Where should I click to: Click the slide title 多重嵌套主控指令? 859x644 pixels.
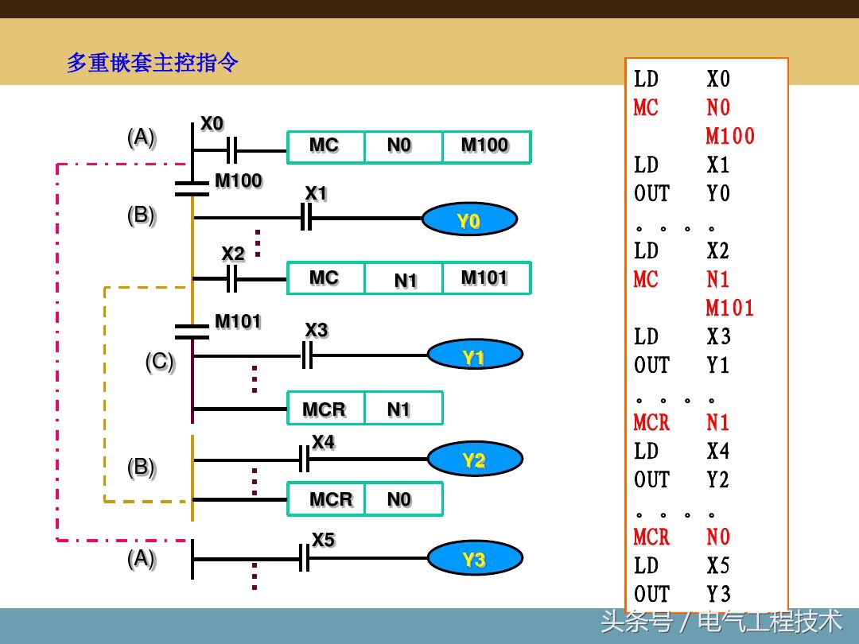click(152, 63)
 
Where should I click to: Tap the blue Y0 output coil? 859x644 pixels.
click(468, 220)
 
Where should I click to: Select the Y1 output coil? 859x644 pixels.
click(475, 356)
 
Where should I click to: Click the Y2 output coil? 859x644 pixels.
click(475, 460)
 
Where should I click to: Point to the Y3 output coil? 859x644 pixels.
click(475, 559)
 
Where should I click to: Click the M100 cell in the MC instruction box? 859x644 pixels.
click(485, 147)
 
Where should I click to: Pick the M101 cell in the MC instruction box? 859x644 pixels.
click(485, 278)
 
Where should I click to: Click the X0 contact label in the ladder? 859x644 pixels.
click(212, 124)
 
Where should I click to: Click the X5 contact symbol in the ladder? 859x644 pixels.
click(303, 558)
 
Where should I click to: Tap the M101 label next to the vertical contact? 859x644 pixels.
click(238, 322)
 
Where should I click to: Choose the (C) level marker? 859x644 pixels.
click(159, 362)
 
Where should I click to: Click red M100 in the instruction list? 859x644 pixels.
click(729, 136)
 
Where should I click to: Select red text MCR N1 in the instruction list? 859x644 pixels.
click(681, 422)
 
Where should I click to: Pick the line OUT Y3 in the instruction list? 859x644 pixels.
click(681, 594)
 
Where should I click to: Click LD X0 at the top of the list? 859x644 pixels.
click(681, 79)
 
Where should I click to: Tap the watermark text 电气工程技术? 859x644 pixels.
click(769, 621)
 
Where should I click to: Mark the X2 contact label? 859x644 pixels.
click(233, 254)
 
